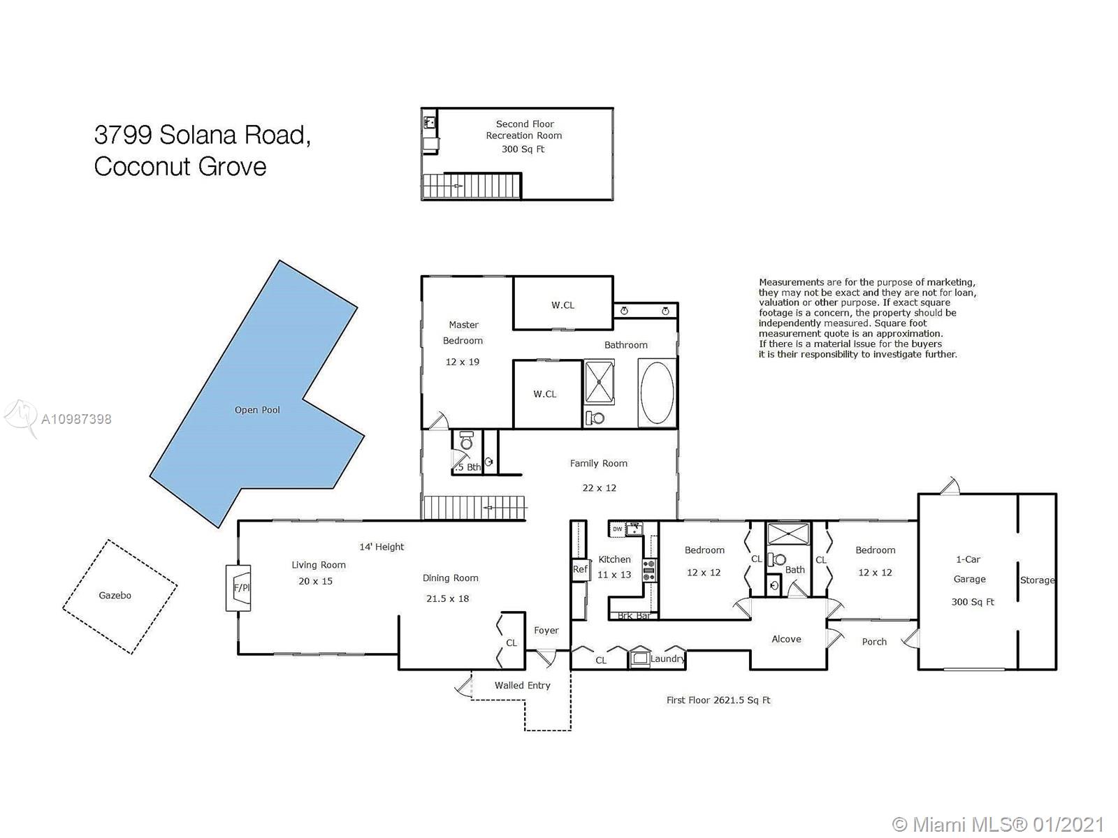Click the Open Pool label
click(x=256, y=410)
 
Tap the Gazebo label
click(x=115, y=595)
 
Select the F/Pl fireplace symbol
click(x=238, y=588)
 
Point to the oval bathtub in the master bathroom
click(x=657, y=392)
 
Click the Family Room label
click(x=598, y=464)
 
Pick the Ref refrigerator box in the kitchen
click(x=580, y=569)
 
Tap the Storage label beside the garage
click(x=1037, y=580)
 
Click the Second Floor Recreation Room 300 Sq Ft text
click(x=524, y=136)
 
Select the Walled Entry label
click(x=522, y=685)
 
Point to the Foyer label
click(x=546, y=631)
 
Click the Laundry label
click(x=667, y=659)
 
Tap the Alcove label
click(x=786, y=639)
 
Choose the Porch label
click(x=874, y=642)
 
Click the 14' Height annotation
click(x=382, y=547)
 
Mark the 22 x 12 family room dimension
click(x=599, y=488)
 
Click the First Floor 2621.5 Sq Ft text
click(x=718, y=700)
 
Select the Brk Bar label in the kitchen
click(x=634, y=616)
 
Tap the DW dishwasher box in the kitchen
click(x=617, y=529)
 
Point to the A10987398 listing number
click(x=76, y=419)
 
